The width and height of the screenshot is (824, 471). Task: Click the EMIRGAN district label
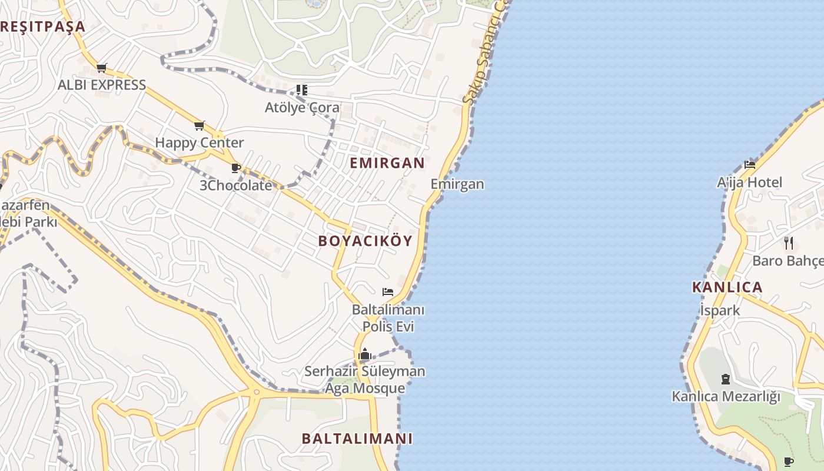pos(387,163)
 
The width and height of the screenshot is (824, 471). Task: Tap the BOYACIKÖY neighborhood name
pos(365,241)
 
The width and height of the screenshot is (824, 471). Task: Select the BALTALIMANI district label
pos(357,439)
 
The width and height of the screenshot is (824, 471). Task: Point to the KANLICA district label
pos(727,287)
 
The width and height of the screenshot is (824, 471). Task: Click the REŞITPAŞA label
pos(43,26)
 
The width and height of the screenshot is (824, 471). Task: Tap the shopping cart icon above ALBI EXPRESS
pos(101,68)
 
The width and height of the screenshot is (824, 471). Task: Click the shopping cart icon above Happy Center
pos(199,125)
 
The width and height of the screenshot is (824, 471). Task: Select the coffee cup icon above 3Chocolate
pos(236,168)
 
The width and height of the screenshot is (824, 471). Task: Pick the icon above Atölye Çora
pos(301,90)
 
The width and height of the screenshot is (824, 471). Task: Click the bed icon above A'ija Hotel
pos(749,165)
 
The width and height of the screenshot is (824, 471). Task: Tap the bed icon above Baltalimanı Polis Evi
pos(387,291)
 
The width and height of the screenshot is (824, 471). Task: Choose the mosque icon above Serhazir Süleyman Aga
pos(365,354)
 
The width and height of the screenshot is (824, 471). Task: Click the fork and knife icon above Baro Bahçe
pos(789,243)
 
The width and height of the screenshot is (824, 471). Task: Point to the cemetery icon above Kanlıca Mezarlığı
pos(725,379)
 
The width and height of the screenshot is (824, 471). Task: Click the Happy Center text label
pos(199,142)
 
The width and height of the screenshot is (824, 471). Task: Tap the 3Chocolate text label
pos(236,185)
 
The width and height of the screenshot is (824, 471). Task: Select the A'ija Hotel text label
pos(749,183)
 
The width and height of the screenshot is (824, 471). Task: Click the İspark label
pos(720,310)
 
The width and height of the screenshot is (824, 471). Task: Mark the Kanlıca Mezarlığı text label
pos(725,396)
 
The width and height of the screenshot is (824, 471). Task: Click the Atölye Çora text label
pos(302,108)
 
